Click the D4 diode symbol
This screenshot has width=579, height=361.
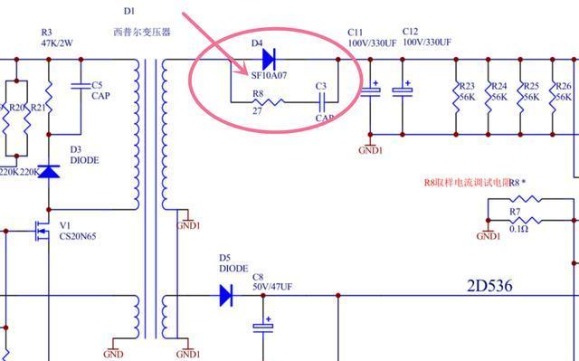269,60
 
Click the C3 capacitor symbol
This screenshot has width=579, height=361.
320,102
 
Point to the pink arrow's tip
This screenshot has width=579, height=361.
250,72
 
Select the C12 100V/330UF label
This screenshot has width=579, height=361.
427,37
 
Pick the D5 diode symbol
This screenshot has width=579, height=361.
225,294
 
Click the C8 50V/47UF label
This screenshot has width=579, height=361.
272,282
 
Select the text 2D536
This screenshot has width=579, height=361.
489,286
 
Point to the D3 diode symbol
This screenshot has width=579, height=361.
49,169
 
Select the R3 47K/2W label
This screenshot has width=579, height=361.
58,37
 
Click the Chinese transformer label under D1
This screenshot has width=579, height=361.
142,32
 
